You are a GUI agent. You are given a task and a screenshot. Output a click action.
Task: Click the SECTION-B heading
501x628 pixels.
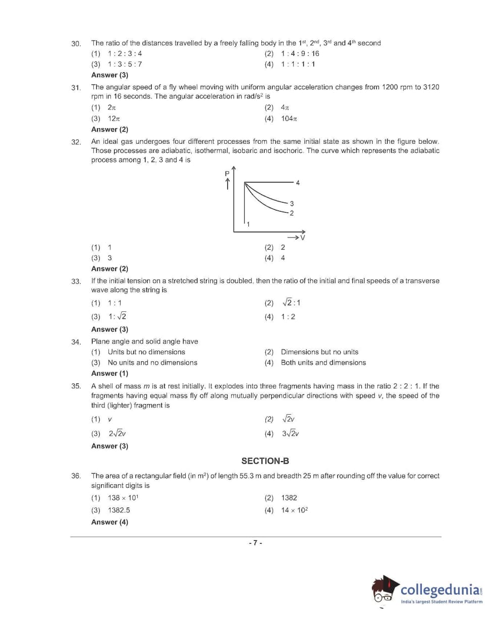(x=265, y=461)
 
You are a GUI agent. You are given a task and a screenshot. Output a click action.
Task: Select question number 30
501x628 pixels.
(x=76, y=44)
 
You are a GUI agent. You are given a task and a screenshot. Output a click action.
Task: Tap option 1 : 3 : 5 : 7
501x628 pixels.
(x=125, y=64)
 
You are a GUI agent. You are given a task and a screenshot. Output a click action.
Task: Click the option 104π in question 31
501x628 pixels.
(x=289, y=119)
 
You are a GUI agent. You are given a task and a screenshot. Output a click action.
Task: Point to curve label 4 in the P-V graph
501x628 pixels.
(x=298, y=183)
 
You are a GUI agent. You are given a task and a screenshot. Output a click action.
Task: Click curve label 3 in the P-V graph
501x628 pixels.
(x=292, y=204)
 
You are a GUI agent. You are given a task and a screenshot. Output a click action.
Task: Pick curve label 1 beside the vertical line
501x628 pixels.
(x=248, y=224)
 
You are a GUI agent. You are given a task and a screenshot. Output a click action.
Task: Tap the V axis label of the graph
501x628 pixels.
(x=303, y=238)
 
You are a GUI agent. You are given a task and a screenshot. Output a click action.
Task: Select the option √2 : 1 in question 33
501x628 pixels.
(x=291, y=303)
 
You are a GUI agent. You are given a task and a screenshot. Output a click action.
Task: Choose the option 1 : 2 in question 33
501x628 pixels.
(x=288, y=317)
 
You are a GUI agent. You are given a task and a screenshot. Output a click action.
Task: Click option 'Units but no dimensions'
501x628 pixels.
(x=146, y=352)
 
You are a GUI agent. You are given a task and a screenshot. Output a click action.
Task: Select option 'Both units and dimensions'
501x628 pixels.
(x=323, y=363)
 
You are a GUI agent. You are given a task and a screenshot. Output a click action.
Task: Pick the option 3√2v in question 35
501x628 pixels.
(x=290, y=434)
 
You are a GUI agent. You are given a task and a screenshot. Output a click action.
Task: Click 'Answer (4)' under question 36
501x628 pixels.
(x=109, y=522)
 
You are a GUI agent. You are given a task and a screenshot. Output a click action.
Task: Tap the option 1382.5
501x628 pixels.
(x=119, y=510)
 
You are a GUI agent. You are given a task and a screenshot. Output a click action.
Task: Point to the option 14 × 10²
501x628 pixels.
(x=294, y=510)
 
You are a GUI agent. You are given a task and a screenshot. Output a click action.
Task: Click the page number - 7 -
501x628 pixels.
(x=255, y=543)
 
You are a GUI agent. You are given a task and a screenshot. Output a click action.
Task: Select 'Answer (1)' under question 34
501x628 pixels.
(x=109, y=373)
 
